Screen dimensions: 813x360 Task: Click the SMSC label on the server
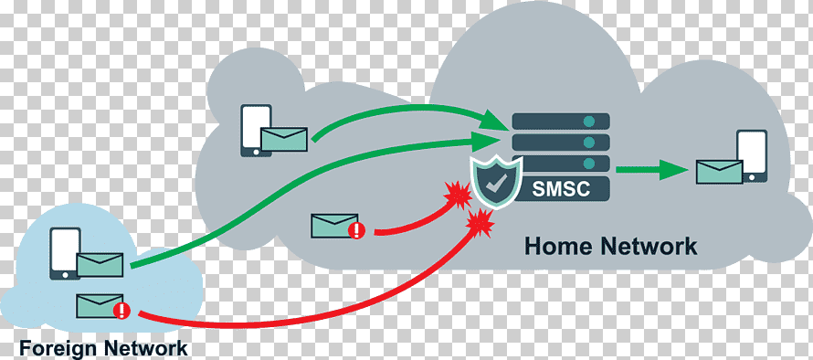(x=561, y=189)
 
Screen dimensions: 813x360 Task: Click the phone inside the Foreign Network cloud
(x=66, y=254)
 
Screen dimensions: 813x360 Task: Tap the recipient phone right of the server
(x=752, y=155)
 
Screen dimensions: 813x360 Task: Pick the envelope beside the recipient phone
(x=719, y=172)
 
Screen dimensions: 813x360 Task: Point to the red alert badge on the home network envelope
(x=357, y=230)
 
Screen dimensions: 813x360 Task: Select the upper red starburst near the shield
(x=458, y=195)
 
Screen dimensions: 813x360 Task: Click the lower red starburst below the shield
(x=480, y=224)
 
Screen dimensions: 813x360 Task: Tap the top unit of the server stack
(x=561, y=122)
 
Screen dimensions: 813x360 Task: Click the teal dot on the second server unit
(x=588, y=143)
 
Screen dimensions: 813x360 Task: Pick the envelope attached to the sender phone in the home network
(x=283, y=139)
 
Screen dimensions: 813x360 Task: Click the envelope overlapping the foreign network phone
(x=100, y=265)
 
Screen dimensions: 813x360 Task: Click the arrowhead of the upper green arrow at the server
(x=494, y=121)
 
